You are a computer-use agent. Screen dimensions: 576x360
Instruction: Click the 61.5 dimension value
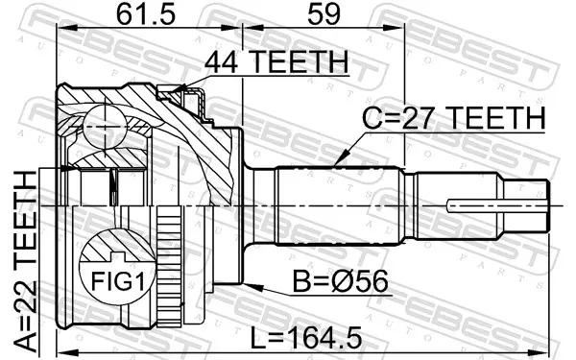pos(146,14)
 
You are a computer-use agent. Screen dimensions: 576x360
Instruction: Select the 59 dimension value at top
pos(324,14)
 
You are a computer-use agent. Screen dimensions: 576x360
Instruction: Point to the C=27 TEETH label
pos(454,118)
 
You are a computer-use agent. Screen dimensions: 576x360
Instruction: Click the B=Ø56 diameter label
pos(340,281)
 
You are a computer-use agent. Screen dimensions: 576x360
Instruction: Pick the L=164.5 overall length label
pos(305,338)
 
